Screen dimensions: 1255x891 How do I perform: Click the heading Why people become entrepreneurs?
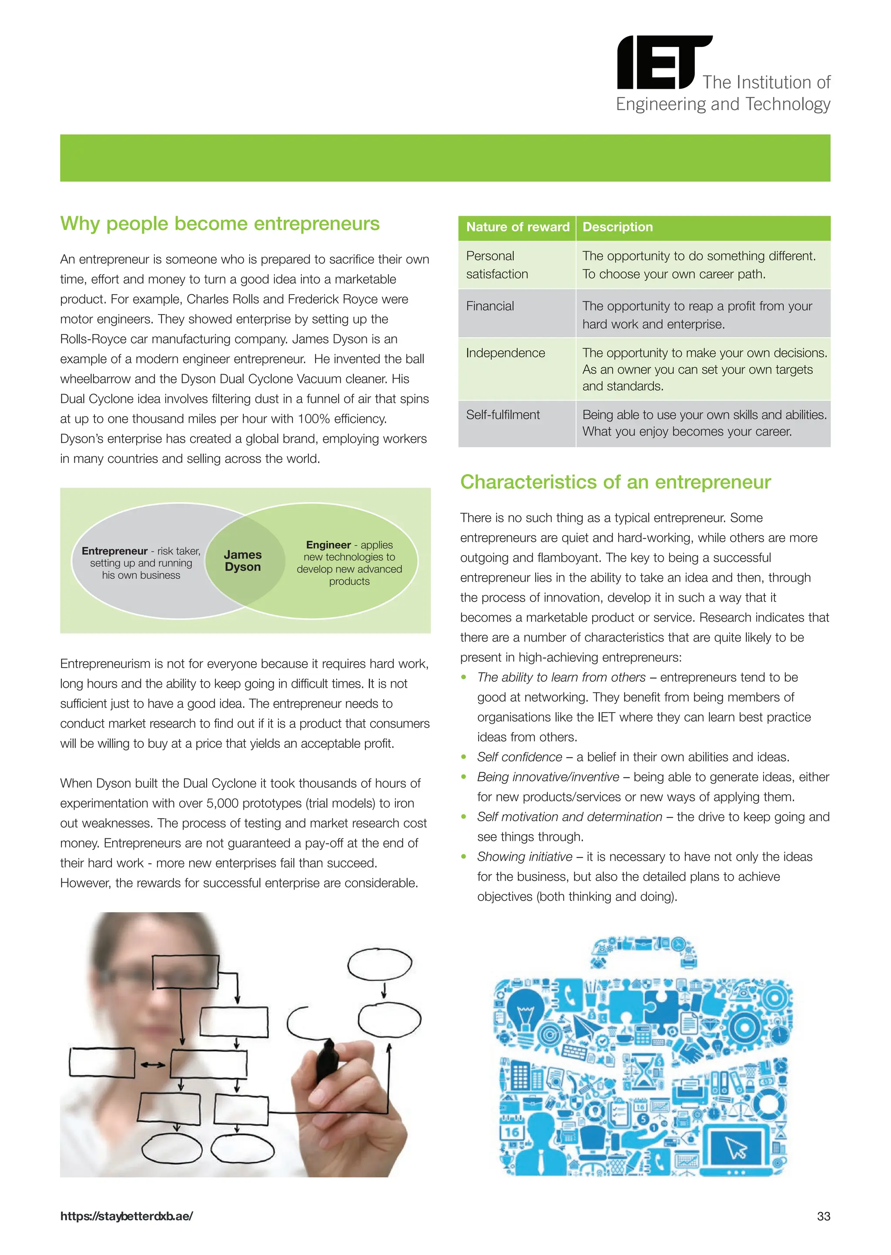(x=219, y=224)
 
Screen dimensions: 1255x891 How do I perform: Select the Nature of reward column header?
(x=517, y=227)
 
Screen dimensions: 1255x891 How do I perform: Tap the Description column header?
(x=617, y=227)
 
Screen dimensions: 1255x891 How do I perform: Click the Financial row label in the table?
(x=490, y=306)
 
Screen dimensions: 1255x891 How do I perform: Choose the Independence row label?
(x=505, y=353)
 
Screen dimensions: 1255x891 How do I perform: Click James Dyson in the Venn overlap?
(x=242, y=561)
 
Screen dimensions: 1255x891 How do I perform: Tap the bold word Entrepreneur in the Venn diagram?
(x=114, y=551)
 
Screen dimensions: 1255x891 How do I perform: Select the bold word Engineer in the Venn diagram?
(x=328, y=545)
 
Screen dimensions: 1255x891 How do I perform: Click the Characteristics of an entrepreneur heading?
(x=615, y=482)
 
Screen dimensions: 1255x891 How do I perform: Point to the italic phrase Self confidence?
(x=519, y=757)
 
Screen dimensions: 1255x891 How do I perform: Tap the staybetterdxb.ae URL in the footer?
(x=127, y=1216)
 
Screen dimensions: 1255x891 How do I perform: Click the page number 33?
(x=823, y=1216)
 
